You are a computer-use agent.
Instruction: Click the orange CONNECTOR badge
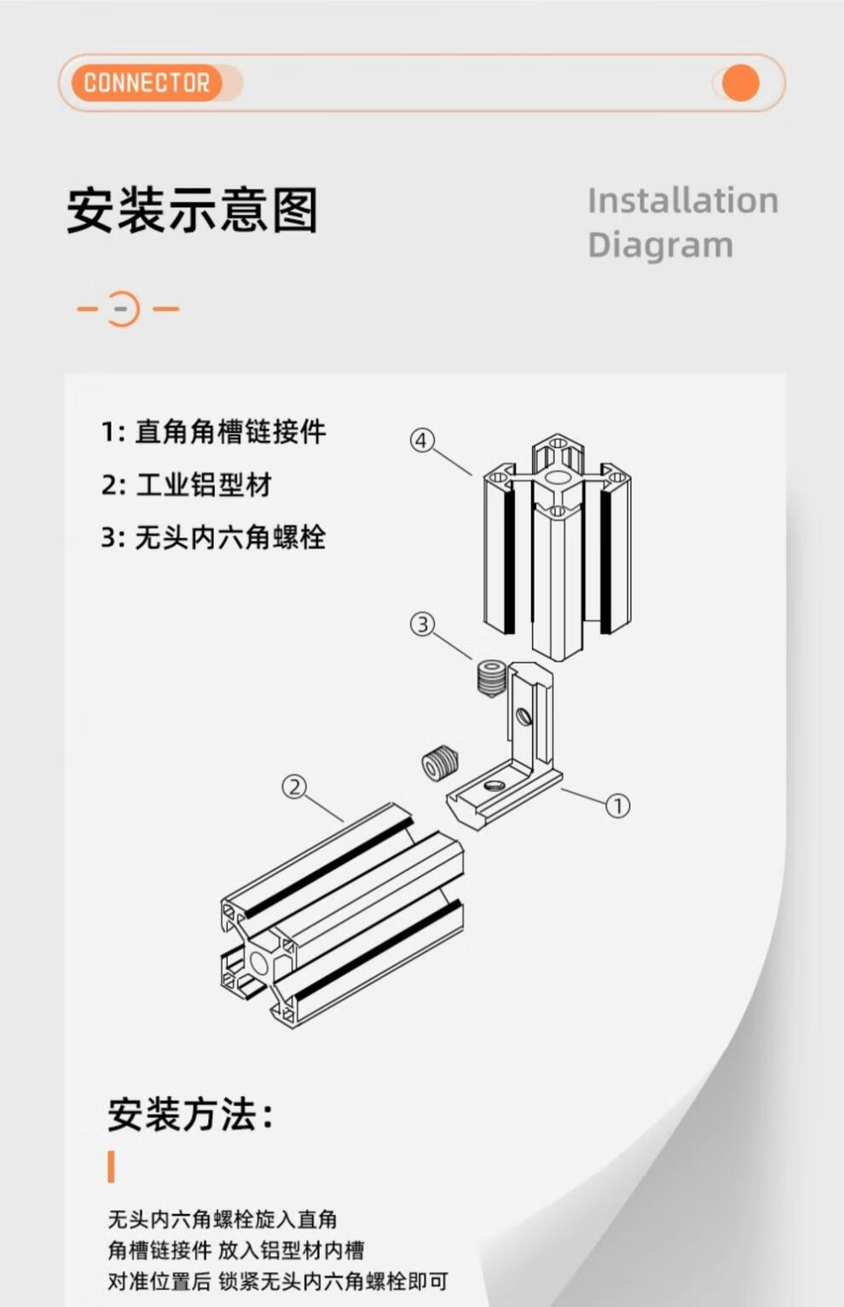[147, 83]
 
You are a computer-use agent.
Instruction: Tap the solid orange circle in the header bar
[740, 83]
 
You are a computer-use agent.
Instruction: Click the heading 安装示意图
[193, 210]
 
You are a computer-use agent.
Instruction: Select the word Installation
[683, 200]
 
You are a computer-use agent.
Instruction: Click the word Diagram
[660, 245]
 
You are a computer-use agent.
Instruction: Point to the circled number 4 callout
[422, 440]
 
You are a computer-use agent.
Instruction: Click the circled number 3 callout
[423, 625]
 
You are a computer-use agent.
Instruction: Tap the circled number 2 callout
[294, 787]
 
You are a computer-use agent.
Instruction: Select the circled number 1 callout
[617, 806]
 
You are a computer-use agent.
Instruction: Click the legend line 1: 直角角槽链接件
[214, 432]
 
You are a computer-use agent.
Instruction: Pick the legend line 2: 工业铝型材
[186, 485]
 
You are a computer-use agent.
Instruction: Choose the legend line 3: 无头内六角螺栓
[214, 538]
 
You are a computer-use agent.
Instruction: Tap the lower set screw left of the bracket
[440, 762]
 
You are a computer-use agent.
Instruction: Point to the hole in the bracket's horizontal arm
[494, 786]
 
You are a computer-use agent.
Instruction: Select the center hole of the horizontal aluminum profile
[258, 964]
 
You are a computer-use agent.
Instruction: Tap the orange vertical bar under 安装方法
[111, 1166]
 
